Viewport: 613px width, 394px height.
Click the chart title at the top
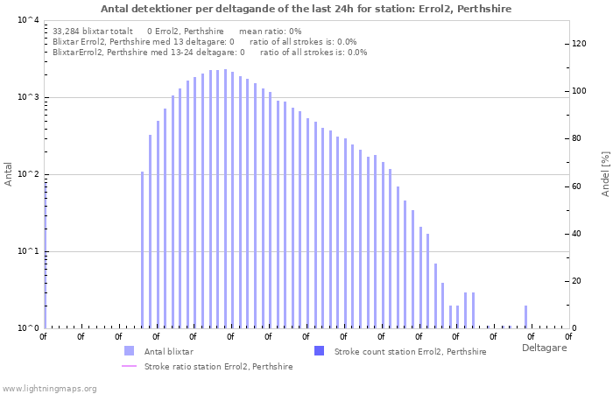click(306, 9)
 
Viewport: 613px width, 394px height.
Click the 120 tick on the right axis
click(578, 44)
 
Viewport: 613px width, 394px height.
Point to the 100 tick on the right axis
click(578, 91)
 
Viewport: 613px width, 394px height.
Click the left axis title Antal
click(9, 173)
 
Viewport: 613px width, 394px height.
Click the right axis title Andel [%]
click(604, 173)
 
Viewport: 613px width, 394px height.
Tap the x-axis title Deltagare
click(544, 348)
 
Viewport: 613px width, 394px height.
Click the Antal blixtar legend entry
click(168, 351)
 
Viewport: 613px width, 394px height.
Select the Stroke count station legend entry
click(410, 351)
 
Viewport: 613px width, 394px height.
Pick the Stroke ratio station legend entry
click(218, 366)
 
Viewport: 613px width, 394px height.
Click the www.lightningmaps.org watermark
click(50, 388)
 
